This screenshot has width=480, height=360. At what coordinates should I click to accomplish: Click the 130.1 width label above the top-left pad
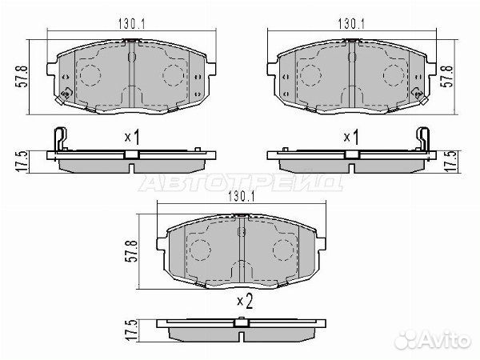click(x=132, y=24)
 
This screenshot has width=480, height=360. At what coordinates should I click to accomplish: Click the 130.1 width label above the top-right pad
click(x=351, y=23)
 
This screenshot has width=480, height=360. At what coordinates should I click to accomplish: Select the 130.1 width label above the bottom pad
click(x=242, y=197)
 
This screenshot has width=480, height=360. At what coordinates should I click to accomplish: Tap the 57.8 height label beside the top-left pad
click(x=23, y=77)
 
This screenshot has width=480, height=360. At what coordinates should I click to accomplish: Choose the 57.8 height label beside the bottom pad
click(x=130, y=250)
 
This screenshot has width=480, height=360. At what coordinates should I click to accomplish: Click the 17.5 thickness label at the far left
click(x=22, y=162)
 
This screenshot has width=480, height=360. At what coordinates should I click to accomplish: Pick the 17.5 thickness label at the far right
click(x=450, y=162)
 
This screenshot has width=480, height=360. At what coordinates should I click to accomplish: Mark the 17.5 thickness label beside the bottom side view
click(x=130, y=330)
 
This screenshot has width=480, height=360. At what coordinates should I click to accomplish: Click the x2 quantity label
click(x=245, y=302)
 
